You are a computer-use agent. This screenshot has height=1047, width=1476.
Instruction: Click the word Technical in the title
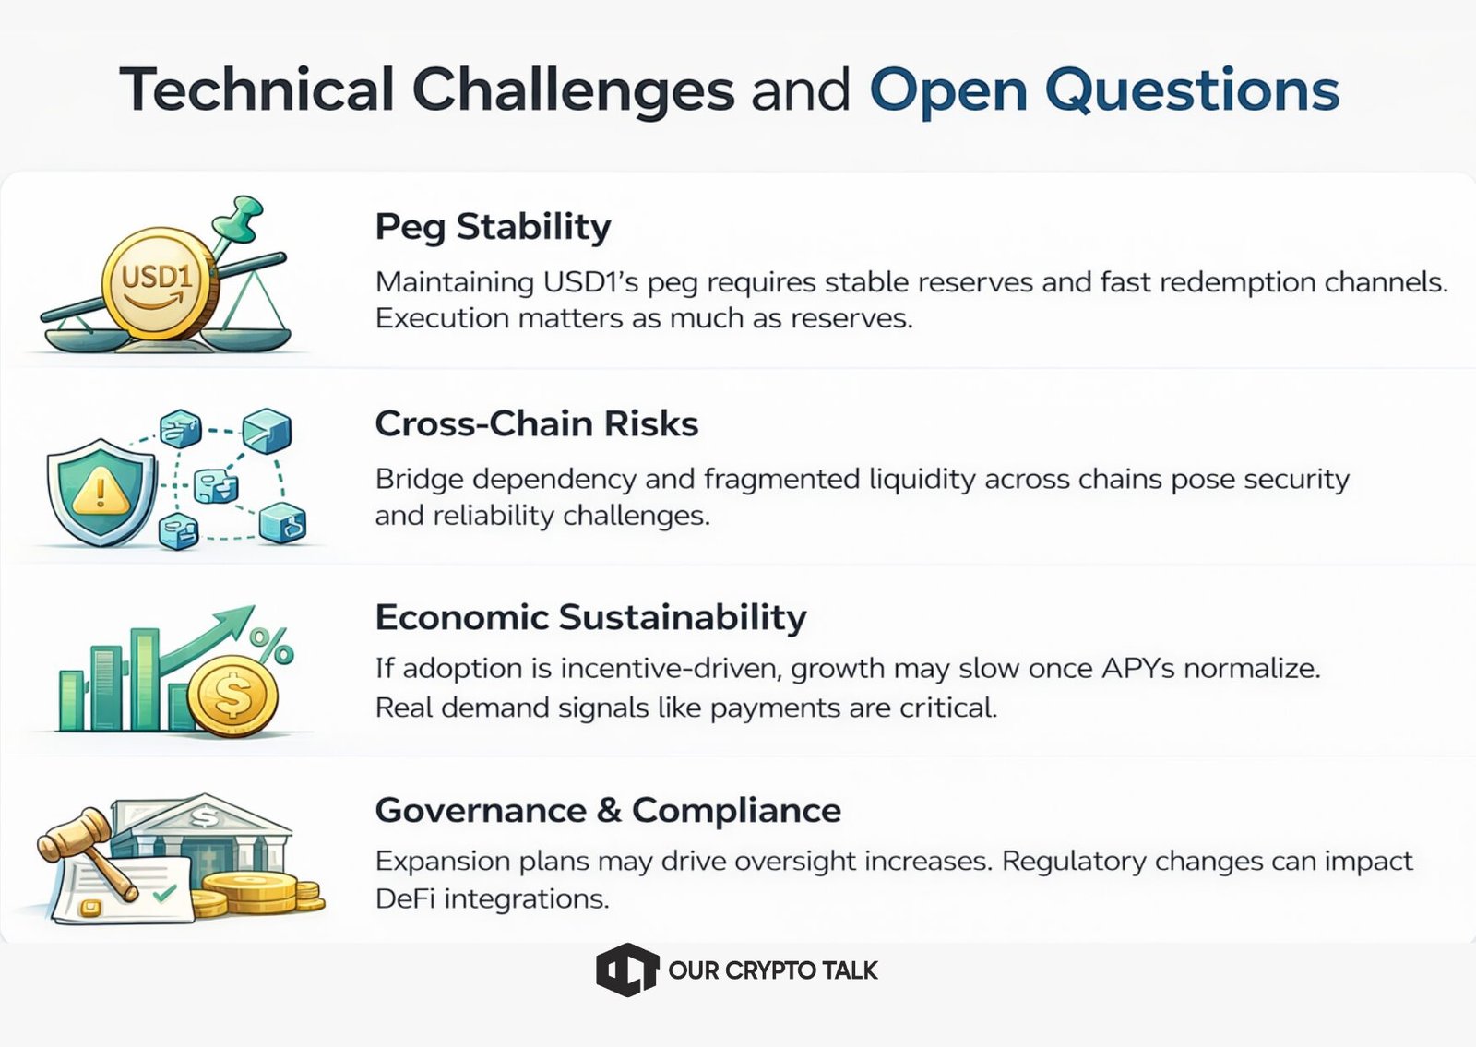tap(257, 89)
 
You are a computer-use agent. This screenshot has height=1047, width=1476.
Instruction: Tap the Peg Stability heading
tap(493, 227)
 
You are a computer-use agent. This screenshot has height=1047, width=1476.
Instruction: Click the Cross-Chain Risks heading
tap(536, 423)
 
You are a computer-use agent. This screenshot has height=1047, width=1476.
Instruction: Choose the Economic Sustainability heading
tap(591, 618)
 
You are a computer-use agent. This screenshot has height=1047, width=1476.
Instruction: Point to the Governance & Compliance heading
tap(608, 810)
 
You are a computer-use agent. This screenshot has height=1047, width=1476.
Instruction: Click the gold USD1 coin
tap(161, 283)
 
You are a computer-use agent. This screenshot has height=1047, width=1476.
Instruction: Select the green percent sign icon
tap(271, 645)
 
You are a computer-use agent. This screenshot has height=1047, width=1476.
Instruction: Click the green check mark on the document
tap(164, 893)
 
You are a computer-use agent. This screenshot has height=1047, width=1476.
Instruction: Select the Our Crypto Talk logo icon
tap(626, 970)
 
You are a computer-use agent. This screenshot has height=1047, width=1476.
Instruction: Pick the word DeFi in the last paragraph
tap(402, 898)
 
